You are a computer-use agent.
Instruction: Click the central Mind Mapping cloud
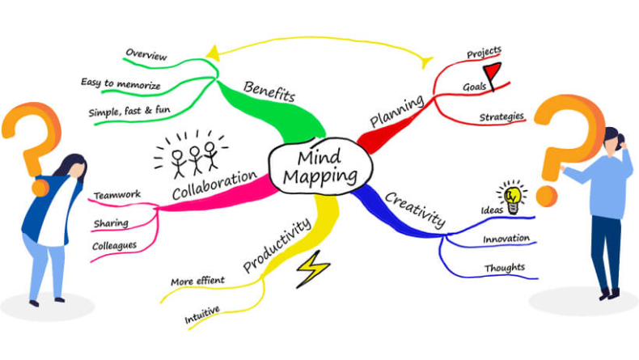pos(318,167)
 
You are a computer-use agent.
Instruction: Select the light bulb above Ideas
pos(512,193)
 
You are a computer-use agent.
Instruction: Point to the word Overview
pos(146,56)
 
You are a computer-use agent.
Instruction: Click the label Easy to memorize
pos(121,83)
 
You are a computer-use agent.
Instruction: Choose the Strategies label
pos(501,116)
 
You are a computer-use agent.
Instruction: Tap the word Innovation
pos(506,239)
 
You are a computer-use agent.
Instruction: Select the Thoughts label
pos(504,268)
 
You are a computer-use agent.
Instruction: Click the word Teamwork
pos(117,195)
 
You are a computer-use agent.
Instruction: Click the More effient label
pos(197,281)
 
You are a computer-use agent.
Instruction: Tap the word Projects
pos(485,53)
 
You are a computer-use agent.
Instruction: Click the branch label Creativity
pos(414,208)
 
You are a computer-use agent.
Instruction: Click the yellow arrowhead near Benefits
pos(212,53)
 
